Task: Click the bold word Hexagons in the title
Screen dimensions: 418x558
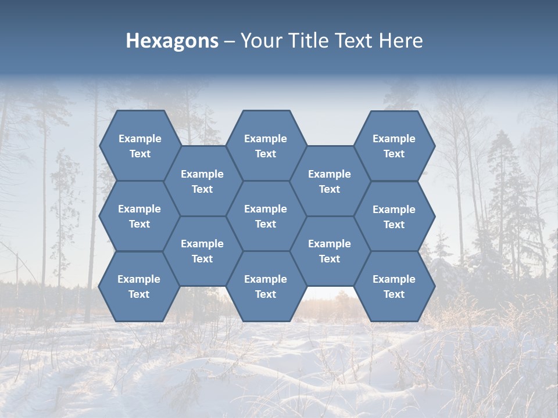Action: [172, 41]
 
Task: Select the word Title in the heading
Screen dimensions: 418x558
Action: [309, 41]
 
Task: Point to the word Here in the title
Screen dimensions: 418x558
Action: [400, 41]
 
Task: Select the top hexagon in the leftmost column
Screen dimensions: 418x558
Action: [139, 146]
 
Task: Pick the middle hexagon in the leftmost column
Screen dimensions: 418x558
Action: [139, 216]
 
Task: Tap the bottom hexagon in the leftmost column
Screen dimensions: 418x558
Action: [139, 286]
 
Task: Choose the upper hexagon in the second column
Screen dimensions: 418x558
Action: [202, 181]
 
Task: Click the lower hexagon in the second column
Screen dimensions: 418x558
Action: [202, 251]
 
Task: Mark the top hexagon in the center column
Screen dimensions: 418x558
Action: [266, 146]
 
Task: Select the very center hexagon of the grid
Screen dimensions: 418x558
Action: [266, 216]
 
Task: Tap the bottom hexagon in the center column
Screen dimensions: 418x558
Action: [266, 286]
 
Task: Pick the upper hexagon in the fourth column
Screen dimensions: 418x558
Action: [330, 181]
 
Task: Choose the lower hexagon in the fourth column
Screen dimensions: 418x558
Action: [330, 251]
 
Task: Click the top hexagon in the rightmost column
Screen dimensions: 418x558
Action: [394, 146]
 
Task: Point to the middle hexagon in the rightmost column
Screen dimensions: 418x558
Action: [394, 217]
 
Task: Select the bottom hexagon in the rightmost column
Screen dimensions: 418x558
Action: [394, 286]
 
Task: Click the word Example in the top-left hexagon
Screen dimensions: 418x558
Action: [139, 139]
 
